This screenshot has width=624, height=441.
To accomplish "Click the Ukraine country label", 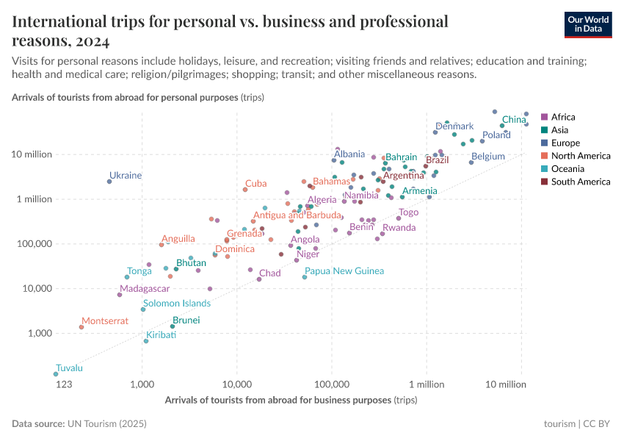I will (126, 176).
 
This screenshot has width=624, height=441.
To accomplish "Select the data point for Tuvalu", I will (56, 374).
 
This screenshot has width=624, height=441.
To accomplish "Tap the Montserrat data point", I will (81, 327).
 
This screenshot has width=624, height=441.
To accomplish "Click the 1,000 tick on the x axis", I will (142, 384).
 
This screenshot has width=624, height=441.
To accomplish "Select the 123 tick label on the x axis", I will (64, 384).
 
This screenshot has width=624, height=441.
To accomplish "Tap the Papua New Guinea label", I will (344, 271).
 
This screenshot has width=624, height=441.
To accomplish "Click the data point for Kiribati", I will (146, 341).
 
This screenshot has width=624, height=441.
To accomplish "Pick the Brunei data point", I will (173, 326).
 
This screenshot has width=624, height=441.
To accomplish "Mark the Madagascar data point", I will (120, 295).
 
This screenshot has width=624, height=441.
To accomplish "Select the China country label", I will (514, 119).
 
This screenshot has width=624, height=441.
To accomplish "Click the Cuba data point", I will (245, 190).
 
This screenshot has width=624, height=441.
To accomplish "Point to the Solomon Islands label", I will (177, 303).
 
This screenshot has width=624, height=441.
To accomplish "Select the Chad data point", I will (259, 279).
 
